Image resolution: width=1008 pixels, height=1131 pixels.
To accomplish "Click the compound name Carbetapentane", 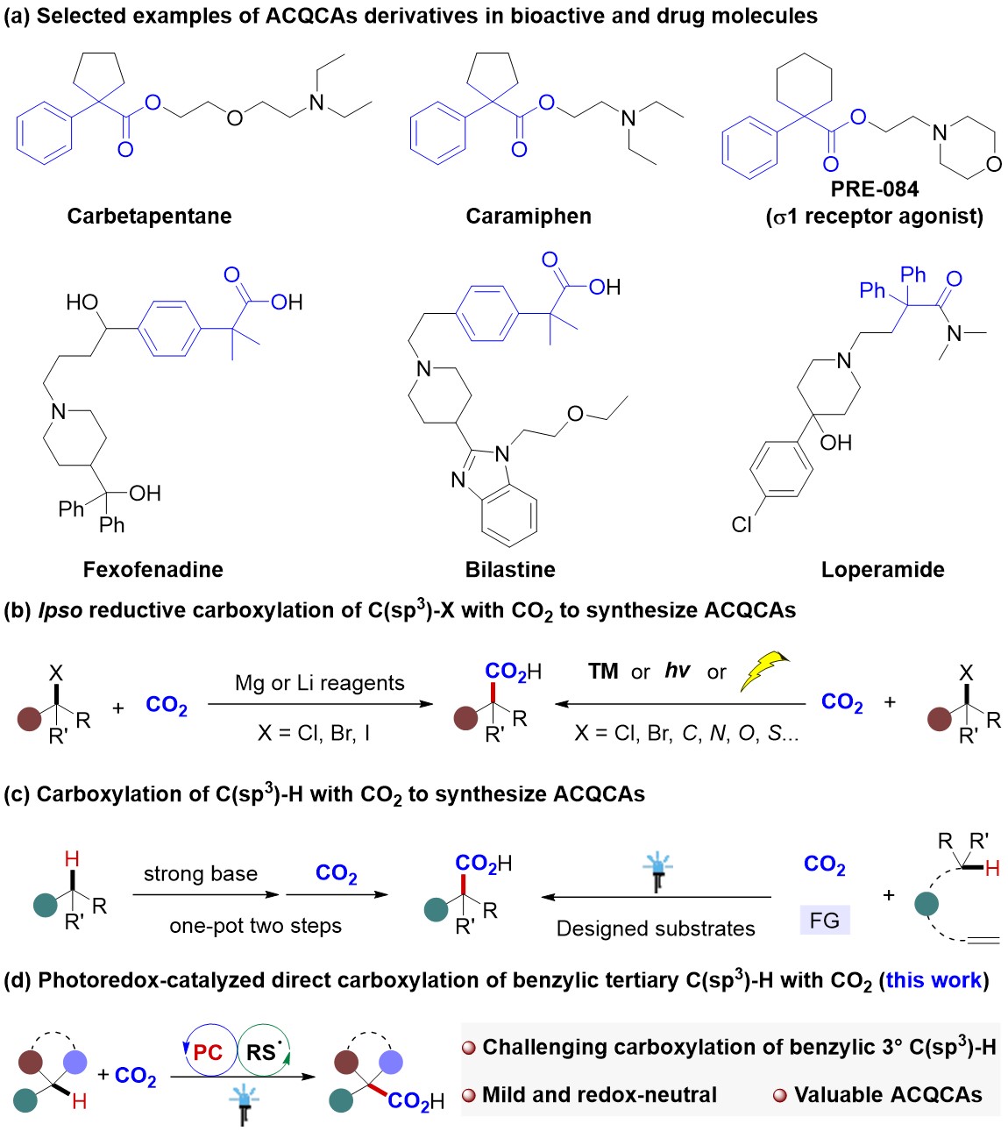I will [149, 217].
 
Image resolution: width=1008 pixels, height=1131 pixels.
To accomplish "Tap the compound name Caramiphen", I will [528, 217].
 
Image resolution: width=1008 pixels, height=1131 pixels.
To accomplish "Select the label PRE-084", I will [874, 189].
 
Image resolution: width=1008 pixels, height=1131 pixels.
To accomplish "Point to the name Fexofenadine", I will [153, 570].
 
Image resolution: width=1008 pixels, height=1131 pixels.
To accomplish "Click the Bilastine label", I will [510, 570].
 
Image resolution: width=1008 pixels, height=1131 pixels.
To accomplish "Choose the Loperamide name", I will [882, 570].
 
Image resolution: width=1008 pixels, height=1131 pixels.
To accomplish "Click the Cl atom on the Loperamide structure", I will [742, 524].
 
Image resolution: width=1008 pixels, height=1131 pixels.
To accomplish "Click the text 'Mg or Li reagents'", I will [319, 683].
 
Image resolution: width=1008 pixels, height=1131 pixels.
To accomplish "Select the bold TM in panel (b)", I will [603, 672].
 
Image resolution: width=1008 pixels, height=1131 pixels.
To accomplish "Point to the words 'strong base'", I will [201, 873].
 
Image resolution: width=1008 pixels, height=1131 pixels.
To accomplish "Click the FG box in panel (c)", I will [824, 920].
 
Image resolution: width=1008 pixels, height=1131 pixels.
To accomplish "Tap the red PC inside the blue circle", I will [208, 1052].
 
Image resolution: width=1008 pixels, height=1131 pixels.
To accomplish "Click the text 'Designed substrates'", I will [656, 928].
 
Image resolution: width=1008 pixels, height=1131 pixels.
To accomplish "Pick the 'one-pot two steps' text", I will [255, 926].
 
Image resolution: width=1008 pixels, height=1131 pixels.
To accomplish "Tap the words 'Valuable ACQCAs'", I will [887, 1095].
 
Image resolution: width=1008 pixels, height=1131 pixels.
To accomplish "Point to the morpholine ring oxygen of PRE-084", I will [993, 164].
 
